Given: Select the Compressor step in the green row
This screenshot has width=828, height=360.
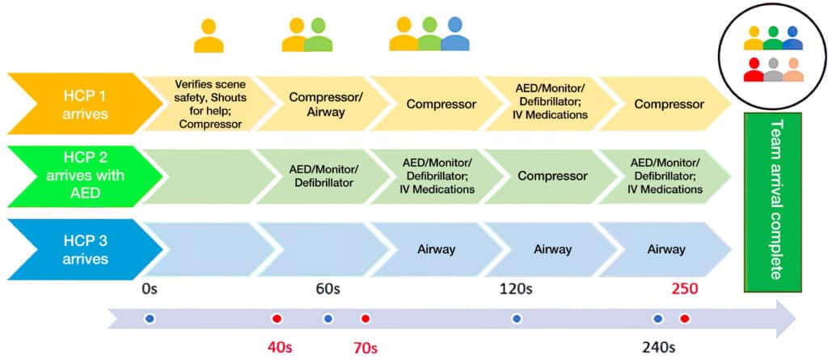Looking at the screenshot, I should (x=552, y=176).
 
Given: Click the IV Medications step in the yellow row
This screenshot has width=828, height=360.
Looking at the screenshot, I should (x=552, y=104).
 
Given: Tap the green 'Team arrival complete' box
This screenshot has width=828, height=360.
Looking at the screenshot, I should (x=772, y=198).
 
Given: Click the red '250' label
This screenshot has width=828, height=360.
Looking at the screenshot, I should (x=684, y=287).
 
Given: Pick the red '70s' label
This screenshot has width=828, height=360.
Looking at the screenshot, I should (x=365, y=347).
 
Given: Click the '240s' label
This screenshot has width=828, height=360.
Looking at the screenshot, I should (x=660, y=347).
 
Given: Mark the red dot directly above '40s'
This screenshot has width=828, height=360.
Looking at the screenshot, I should (x=277, y=319).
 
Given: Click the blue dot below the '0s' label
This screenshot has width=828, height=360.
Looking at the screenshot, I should (x=150, y=319).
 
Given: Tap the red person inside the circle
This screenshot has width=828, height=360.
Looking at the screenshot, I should (x=754, y=70).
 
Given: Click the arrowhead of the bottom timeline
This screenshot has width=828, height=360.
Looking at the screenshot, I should (x=784, y=318).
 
